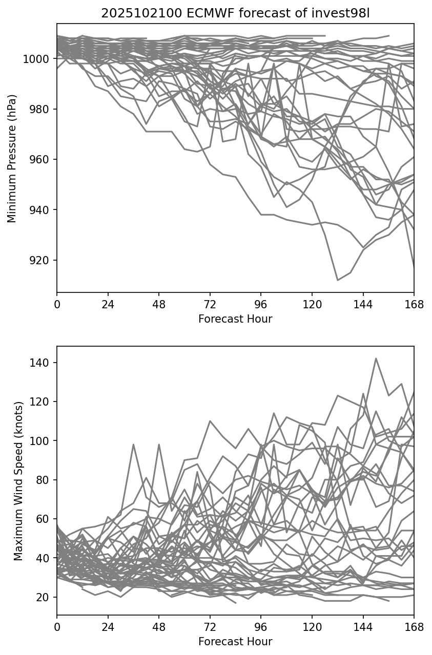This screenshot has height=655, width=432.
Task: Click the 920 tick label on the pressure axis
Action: pos(40,260)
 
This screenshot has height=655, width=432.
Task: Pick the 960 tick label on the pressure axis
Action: pos(40,160)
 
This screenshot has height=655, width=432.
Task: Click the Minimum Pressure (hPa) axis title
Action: pos(12,158)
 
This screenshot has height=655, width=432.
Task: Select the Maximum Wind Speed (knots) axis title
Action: pos(18,480)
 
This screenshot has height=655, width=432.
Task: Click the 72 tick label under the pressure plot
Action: pos(210,304)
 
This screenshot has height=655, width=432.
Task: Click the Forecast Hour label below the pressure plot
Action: pos(235,319)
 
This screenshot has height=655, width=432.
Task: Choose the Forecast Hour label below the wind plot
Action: pos(235,641)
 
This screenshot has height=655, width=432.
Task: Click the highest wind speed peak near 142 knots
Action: pos(376,358)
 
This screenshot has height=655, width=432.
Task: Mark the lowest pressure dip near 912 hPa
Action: pos(338,280)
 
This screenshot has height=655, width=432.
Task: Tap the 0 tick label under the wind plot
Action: pos(57,626)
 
